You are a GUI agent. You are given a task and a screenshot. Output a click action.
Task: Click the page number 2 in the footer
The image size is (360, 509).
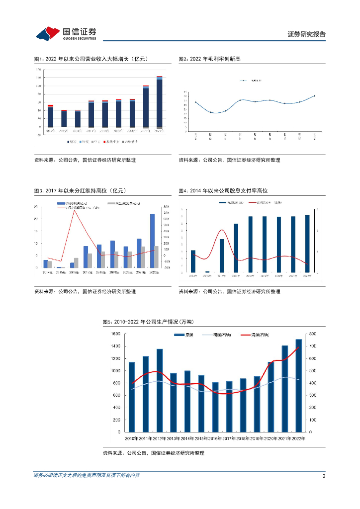(324, 476)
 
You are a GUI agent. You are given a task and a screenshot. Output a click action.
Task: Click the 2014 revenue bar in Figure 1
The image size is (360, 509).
(50, 116)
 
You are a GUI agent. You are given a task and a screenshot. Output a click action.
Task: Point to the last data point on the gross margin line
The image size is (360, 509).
(315, 95)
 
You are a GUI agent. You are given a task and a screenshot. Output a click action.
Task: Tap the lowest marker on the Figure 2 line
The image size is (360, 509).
(210, 113)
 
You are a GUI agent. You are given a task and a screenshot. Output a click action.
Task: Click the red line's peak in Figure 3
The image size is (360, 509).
(74, 210)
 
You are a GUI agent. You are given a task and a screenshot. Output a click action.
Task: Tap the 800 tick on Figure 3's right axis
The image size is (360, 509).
(166, 207)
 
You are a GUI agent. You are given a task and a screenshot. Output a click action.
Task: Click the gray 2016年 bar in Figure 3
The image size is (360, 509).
(76, 262)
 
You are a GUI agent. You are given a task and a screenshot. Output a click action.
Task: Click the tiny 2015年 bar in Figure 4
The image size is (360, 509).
(207, 271)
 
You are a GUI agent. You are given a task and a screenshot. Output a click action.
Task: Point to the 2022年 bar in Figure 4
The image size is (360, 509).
(307, 244)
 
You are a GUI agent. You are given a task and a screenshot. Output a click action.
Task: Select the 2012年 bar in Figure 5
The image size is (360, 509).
(160, 390)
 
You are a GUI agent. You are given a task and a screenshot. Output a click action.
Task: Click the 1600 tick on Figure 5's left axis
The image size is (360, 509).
(115, 334)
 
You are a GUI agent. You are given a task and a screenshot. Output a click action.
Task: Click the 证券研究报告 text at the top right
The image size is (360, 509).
(307, 34)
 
